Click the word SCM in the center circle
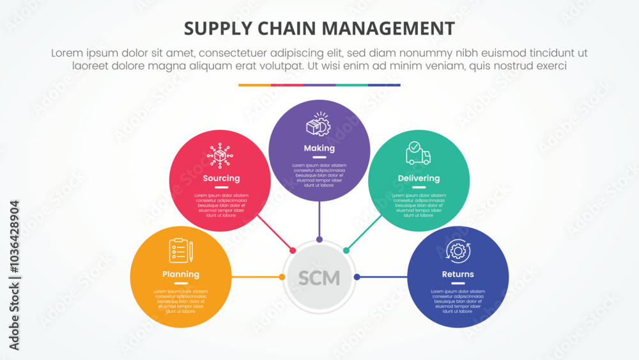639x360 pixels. [319, 278]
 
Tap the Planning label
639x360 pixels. [181, 274]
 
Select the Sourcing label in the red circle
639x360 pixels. [221, 178]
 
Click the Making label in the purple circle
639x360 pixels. [319, 148]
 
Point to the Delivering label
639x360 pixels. [419, 178]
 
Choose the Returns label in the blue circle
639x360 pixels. [458, 274]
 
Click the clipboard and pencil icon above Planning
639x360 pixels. [181, 251]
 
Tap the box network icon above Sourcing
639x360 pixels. [221, 155]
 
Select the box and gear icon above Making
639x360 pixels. [318, 125]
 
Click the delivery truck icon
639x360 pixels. [418, 154]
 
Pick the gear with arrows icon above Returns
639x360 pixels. [458, 251]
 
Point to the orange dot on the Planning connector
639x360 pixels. [282, 277]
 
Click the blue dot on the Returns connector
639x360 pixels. [357, 277]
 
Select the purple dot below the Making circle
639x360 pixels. [319, 240]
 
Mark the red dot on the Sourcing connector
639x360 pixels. [293, 250]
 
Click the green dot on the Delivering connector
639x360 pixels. [346, 250]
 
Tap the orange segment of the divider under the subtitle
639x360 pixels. [254, 84]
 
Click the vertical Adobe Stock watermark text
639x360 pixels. [14, 275]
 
